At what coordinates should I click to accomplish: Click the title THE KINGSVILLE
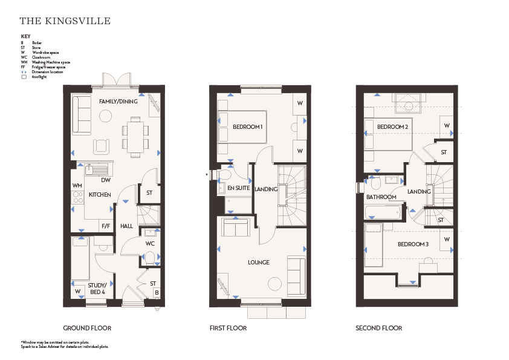coord(65,21)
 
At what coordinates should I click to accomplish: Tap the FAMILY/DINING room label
coord(118,102)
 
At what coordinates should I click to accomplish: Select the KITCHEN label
coord(100,195)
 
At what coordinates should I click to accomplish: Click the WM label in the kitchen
coord(77,186)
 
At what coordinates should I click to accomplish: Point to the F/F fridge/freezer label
coord(106,226)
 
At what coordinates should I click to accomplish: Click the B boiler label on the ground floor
coord(157,292)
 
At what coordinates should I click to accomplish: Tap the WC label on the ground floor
coord(150,244)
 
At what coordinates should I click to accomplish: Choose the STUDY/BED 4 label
coord(97,289)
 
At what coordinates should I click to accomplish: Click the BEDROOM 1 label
coord(247,127)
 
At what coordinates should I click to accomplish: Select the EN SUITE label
coord(239,188)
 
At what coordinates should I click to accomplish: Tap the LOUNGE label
coord(259,263)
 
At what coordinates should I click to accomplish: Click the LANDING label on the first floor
coord(266,189)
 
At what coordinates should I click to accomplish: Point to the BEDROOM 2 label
coord(392,127)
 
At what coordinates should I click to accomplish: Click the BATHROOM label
coord(381,197)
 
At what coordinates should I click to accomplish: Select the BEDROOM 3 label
coord(413,244)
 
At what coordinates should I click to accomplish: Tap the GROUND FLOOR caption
coord(87,328)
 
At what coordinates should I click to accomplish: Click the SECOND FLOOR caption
coord(379,328)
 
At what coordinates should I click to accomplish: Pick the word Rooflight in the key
coord(39,77)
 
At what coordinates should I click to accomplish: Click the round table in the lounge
coord(274,284)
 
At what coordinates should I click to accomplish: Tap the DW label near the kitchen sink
coord(106,180)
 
